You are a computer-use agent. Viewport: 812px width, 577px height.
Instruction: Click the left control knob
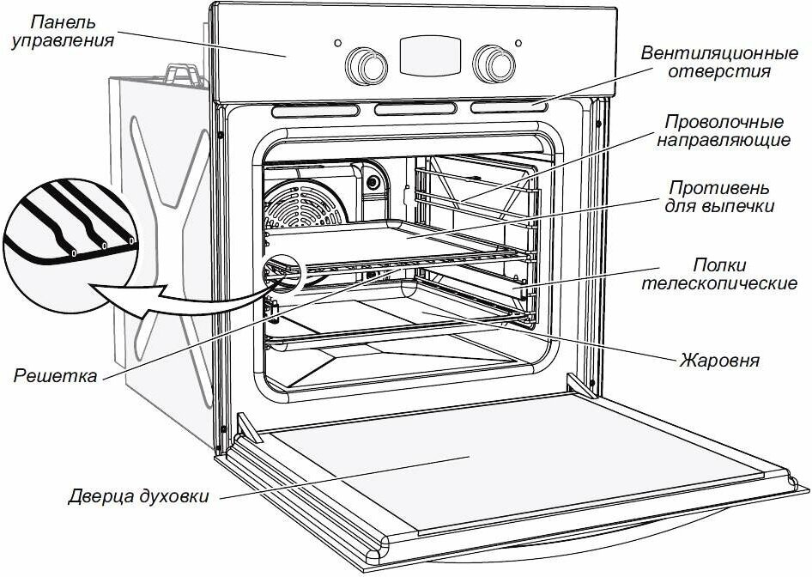tap(365, 63)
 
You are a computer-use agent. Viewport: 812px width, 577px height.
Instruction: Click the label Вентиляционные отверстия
tap(706, 62)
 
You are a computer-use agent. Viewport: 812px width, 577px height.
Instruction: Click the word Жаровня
tap(718, 359)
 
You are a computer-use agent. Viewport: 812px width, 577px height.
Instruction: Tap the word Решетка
tap(53, 375)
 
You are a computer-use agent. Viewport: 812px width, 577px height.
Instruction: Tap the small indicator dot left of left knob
tap(337, 42)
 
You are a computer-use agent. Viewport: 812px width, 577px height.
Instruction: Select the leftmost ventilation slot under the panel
tap(318, 110)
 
